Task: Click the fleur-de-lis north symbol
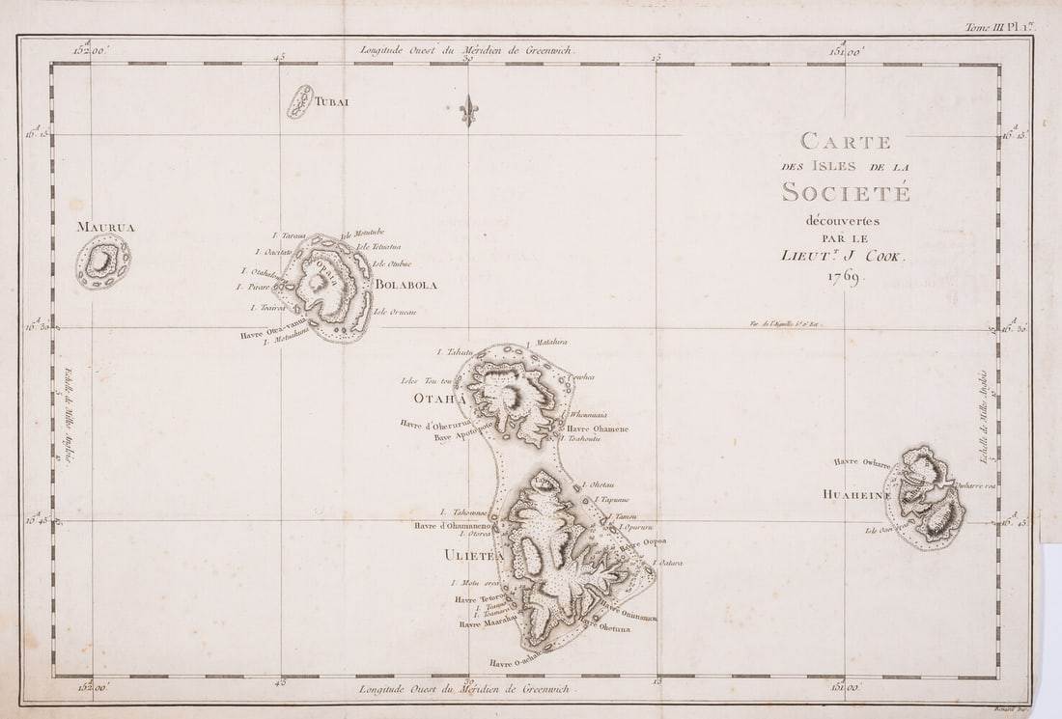[468, 110]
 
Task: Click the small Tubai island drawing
[300, 101]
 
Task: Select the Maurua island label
[106, 228]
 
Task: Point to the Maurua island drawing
[103, 262]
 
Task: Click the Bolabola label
[406, 286]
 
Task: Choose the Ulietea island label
[474, 555]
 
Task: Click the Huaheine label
[854, 494]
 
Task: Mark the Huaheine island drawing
[926, 497]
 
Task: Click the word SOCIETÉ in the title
[847, 192]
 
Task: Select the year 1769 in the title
[847, 277]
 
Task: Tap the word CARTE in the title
[846, 142]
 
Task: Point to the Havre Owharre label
[863, 461]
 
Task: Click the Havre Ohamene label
[598, 429]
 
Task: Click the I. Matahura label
[546, 342]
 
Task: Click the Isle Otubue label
[392, 263]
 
